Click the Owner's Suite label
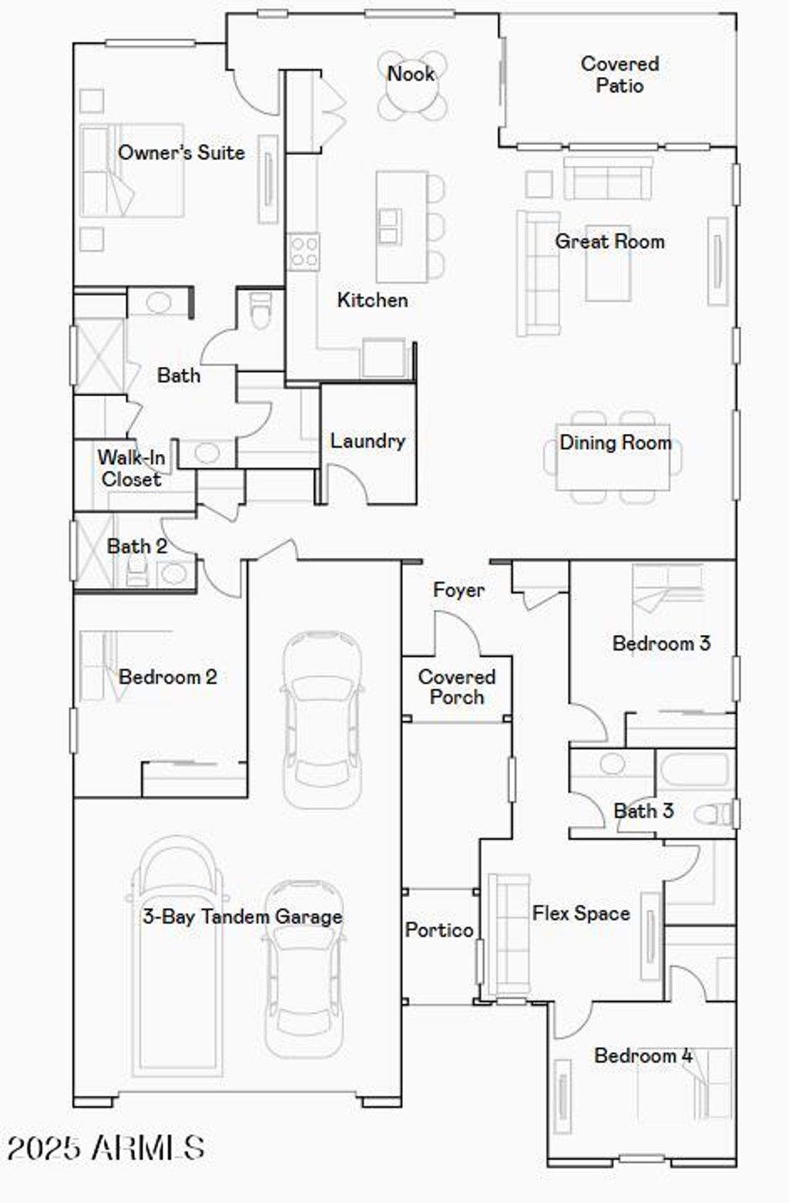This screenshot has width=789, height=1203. (x=181, y=153)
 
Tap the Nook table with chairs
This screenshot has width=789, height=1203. (x=412, y=86)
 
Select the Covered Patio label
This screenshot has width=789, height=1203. (x=619, y=75)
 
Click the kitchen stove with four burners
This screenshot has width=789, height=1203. (x=303, y=251)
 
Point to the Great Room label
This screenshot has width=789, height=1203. (x=609, y=241)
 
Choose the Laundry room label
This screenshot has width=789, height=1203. (x=368, y=441)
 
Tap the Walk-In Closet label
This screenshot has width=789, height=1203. (x=131, y=469)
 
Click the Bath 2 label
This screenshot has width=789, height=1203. (x=137, y=546)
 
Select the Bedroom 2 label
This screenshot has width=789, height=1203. (x=167, y=677)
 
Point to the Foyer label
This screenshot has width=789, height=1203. (x=458, y=590)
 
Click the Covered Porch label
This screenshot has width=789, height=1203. (x=456, y=687)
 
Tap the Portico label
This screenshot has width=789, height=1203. (x=439, y=930)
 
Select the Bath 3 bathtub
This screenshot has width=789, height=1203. (x=693, y=770)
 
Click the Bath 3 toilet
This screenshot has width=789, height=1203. (x=712, y=814)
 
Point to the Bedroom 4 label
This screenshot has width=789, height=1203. (x=643, y=1056)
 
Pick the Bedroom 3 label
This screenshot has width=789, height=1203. (x=661, y=644)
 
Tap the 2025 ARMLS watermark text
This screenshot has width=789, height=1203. (x=106, y=1148)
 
